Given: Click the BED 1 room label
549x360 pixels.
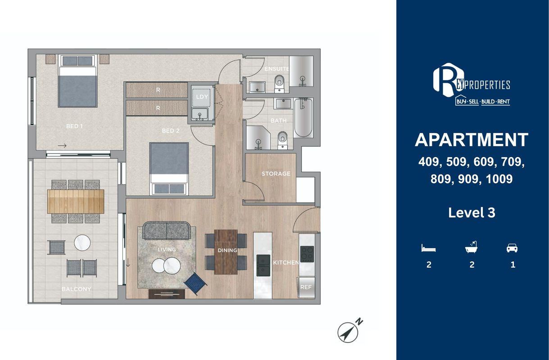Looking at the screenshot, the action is [x=74, y=126].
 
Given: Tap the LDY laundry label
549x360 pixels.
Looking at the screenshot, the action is [x=202, y=97].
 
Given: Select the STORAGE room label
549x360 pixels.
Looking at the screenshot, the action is [x=276, y=174].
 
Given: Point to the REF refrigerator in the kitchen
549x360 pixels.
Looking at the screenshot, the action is [x=306, y=287].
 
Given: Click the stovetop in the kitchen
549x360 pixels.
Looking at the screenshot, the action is [x=307, y=254].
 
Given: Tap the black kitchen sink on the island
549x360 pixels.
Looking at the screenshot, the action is [x=263, y=265].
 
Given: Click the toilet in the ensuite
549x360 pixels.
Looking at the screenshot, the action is [x=279, y=84].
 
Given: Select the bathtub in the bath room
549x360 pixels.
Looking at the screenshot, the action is [x=303, y=117].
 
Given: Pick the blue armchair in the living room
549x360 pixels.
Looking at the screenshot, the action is [x=195, y=284].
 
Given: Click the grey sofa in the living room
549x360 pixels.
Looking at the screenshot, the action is [x=167, y=230].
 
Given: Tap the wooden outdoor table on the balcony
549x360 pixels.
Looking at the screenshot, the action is [x=76, y=202].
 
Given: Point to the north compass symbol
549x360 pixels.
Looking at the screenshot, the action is [x=349, y=331].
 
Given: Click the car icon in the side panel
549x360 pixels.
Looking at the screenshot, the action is [x=512, y=248].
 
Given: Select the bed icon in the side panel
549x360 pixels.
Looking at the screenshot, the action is [x=428, y=248].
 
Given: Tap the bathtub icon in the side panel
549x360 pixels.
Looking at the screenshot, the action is [x=471, y=247].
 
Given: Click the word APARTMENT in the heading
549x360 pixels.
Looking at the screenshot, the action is [x=472, y=140].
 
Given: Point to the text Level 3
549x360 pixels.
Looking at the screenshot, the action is [x=472, y=212].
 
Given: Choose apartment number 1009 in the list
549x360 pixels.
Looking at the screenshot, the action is [x=499, y=179].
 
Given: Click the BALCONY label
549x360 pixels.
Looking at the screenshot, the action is [x=76, y=289].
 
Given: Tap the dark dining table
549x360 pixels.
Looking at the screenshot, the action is [x=226, y=252].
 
